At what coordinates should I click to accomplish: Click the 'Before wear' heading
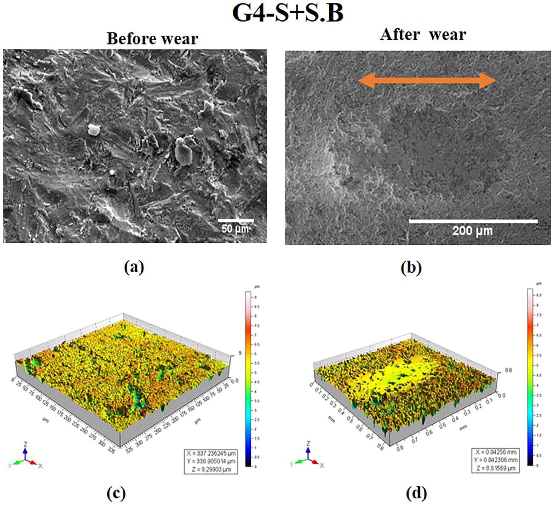[152, 39]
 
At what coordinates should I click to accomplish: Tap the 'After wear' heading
[423, 35]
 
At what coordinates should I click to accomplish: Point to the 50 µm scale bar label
[235, 229]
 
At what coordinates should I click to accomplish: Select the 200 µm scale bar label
[472, 231]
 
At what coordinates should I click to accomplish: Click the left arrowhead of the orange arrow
[366, 81]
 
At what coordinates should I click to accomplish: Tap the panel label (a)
[134, 267]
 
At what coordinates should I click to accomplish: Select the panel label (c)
[116, 494]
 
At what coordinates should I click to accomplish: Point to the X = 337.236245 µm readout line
[211, 453]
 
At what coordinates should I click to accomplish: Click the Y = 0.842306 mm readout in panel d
[496, 460]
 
